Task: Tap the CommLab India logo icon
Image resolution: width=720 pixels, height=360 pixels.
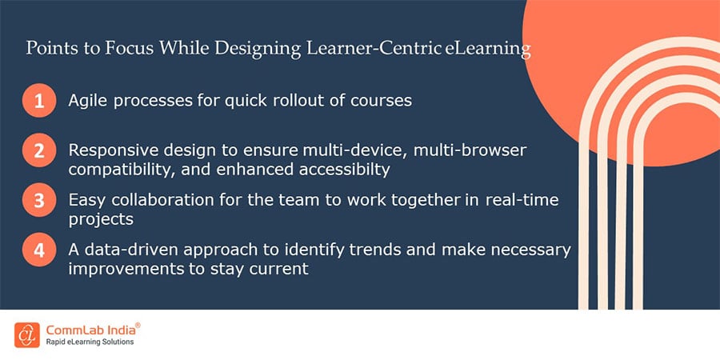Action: pos(26,334)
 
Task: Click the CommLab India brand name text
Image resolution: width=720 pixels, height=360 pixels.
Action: pos(94,328)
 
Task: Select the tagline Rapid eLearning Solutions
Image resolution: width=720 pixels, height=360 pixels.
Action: pos(94,342)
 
